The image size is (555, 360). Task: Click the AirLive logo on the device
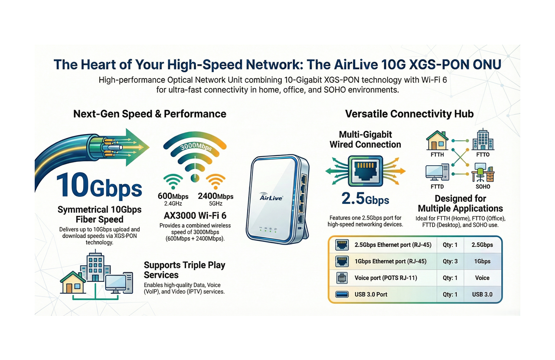(271, 196)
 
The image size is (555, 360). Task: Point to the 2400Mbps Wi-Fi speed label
(215, 196)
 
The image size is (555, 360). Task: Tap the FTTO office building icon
(483, 140)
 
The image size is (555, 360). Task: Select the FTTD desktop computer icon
(437, 173)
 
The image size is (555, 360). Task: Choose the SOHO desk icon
(483, 173)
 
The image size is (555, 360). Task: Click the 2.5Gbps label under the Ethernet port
(365, 200)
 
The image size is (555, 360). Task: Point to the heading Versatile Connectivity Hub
(409, 114)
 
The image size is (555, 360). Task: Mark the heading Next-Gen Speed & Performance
(150, 114)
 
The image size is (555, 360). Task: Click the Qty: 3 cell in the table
(450, 262)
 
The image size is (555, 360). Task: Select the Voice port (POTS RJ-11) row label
(386, 278)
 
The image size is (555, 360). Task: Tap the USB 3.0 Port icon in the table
(342, 295)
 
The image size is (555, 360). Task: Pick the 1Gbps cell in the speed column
(482, 262)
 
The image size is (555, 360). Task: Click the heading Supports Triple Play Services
(185, 270)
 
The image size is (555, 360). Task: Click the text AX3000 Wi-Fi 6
(195, 216)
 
